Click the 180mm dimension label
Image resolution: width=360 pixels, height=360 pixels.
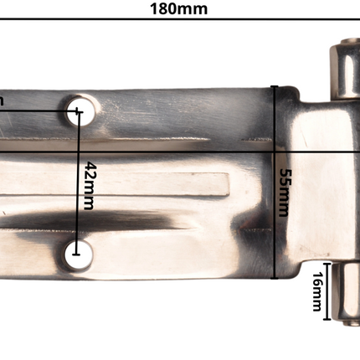178,9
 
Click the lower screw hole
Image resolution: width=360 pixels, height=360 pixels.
78,255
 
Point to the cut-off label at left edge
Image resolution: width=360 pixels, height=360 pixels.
3,100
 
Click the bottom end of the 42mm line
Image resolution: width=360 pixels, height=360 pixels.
78,250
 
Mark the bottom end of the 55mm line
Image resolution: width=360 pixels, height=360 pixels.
274,276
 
